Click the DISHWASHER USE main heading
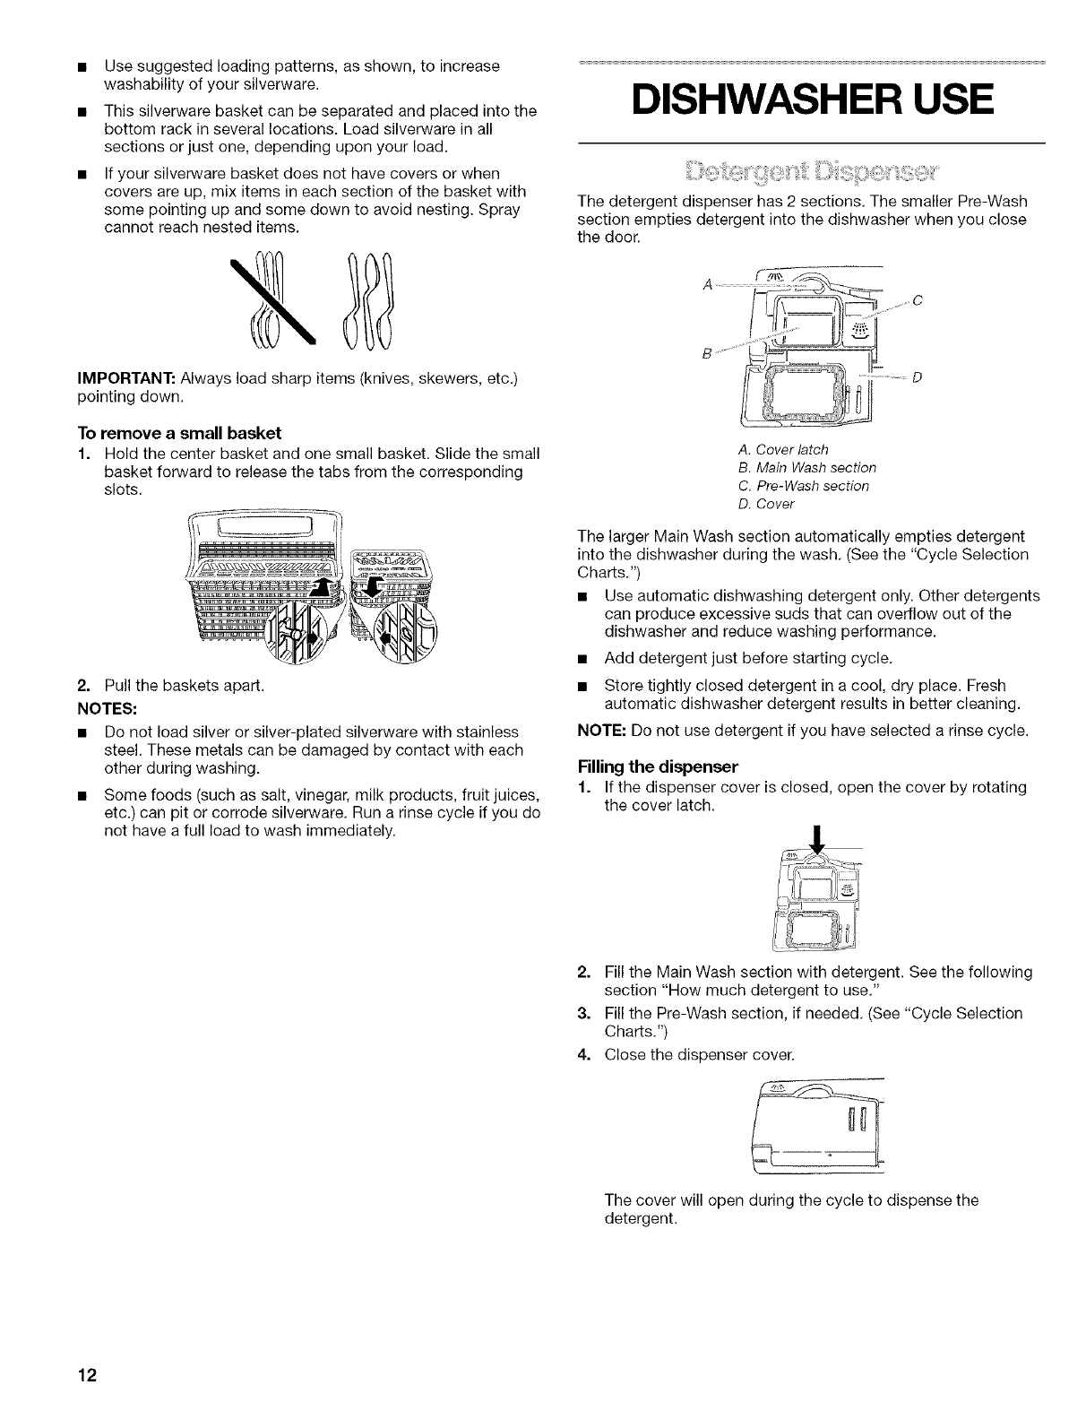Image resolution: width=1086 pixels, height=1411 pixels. pyautogui.click(x=812, y=99)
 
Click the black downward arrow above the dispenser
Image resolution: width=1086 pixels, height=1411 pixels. pyautogui.click(x=816, y=835)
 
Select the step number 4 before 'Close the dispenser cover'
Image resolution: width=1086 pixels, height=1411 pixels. pyautogui.click(x=582, y=1053)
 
